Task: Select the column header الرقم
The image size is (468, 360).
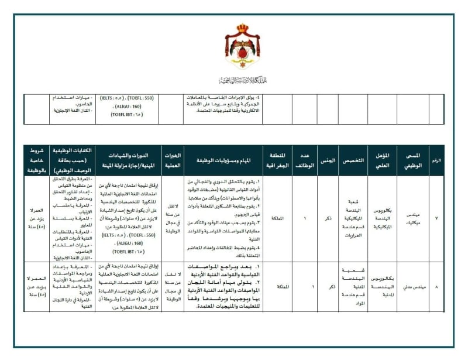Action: (436, 160)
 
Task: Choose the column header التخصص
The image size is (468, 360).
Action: (353, 160)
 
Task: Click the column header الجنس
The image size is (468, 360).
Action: (328, 160)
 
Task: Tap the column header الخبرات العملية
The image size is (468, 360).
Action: (172, 160)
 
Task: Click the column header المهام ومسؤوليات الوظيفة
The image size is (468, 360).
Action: (223, 160)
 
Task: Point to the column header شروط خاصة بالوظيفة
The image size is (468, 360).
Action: (36, 160)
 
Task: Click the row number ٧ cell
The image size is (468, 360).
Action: (436, 218)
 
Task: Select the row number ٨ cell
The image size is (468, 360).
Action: (436, 287)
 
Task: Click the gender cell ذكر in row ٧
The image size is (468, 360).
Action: (328, 218)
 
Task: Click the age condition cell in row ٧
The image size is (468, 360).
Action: (36, 218)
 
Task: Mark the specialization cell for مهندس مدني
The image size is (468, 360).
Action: (353, 287)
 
